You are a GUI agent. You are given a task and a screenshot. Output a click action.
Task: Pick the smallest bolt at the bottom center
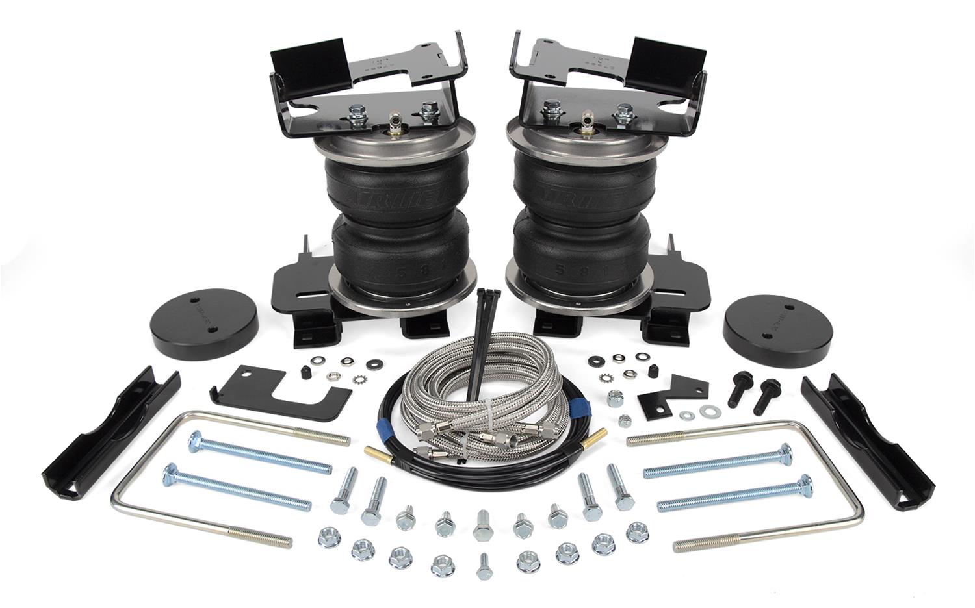point(484,566)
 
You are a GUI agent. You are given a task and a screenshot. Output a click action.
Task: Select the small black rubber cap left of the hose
point(304,372)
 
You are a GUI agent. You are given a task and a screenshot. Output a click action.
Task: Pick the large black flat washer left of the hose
point(375,364)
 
